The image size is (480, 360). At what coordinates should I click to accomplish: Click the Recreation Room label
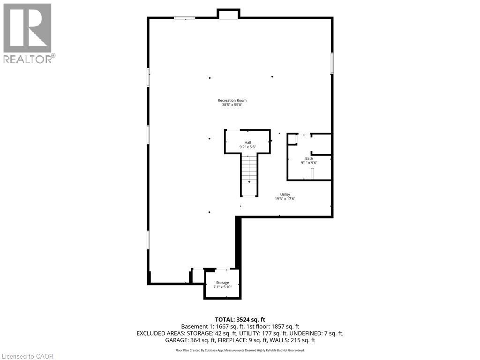point(232,100)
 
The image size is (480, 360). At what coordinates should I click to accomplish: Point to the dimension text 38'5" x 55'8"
point(232,105)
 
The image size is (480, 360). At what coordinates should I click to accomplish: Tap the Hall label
point(247,142)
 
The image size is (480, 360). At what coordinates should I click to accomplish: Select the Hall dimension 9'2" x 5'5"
point(247,147)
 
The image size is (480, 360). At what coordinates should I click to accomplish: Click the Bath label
point(309,158)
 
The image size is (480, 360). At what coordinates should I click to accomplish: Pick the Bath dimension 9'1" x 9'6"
point(309,163)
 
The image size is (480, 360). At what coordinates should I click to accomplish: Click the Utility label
point(285,195)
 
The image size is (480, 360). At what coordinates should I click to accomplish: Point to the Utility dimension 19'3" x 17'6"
point(285,199)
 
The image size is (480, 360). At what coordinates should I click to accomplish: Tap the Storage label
point(222,283)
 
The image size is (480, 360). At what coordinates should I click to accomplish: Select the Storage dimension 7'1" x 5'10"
point(222,287)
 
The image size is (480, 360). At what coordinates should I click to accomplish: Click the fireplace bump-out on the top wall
point(229,15)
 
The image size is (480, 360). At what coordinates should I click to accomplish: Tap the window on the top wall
point(184,18)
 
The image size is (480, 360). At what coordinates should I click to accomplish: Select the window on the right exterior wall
point(332,63)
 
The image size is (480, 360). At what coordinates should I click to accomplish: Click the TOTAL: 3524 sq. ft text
point(240,320)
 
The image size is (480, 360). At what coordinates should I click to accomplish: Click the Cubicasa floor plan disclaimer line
point(240,350)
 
